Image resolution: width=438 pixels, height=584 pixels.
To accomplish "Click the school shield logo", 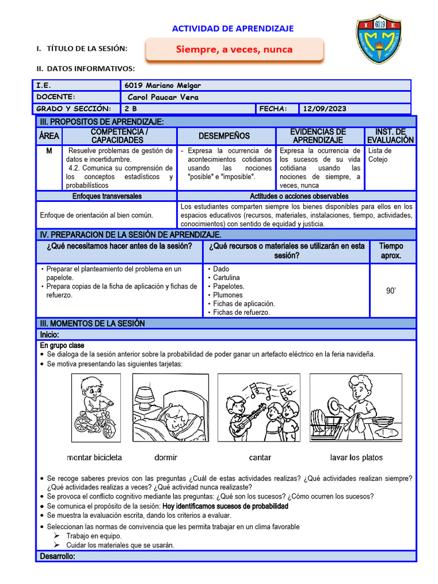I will click(379, 39).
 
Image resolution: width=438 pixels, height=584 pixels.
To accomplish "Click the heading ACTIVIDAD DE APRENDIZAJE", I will click(233, 29).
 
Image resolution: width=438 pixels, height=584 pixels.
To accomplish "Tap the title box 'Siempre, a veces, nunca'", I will click(234, 50).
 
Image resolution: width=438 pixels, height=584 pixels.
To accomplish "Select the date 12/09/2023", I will click(325, 109).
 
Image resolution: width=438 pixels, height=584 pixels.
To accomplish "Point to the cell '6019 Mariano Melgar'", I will click(163, 86).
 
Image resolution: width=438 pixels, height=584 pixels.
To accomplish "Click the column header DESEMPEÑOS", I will click(224, 136).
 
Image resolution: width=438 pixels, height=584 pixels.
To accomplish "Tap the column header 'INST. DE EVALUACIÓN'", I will click(390, 136).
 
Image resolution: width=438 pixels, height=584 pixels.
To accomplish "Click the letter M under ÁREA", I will click(48, 151).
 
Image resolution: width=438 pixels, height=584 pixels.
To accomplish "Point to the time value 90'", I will click(391, 291).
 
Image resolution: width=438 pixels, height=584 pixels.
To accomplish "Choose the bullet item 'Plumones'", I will click(228, 295).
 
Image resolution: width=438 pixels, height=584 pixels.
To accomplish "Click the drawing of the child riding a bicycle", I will click(95, 406).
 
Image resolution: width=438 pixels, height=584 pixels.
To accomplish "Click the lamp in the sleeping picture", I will click(145, 393).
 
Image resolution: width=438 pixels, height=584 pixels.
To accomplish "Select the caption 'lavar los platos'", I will click(356, 457).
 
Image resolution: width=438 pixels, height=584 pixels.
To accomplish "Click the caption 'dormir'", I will click(165, 457).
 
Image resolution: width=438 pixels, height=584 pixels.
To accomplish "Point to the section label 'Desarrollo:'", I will click(57, 555).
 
